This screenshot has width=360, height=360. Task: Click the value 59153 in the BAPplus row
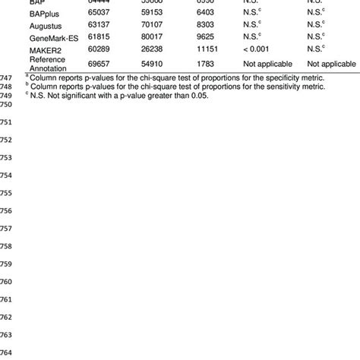(158, 14)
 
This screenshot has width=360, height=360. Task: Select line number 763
(7, 335)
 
